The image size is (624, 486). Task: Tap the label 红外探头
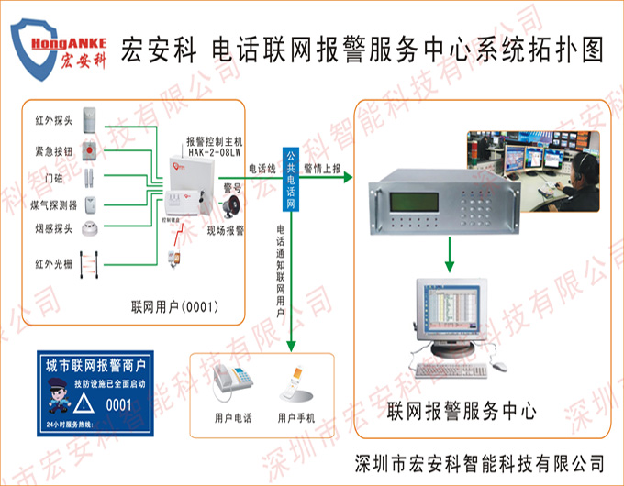point(52,120)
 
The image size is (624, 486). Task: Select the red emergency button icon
point(90,148)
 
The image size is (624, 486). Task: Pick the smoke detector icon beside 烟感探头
point(91,228)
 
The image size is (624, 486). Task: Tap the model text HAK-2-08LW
point(213,152)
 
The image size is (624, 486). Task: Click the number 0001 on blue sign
point(119,403)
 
